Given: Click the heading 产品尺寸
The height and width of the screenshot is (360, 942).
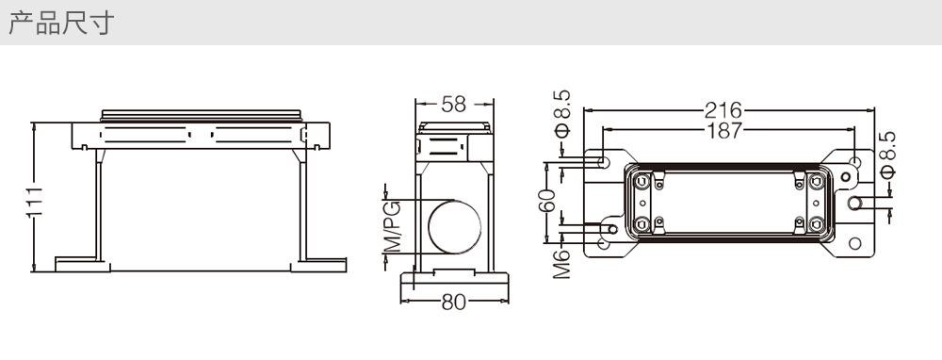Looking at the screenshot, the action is [x=61, y=24].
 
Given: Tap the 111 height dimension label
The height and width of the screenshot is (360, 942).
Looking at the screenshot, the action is [x=35, y=202].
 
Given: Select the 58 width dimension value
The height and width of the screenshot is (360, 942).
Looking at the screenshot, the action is [x=454, y=105].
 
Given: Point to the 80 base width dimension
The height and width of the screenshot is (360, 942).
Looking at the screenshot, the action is [x=454, y=303].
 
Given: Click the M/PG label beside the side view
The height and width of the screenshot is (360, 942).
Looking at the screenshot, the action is [x=392, y=227].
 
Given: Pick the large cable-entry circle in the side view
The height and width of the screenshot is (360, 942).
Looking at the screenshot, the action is [x=454, y=227].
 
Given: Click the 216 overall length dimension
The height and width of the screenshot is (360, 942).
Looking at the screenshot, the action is [x=723, y=110].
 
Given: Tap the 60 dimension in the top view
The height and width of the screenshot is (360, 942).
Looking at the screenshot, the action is [x=547, y=201].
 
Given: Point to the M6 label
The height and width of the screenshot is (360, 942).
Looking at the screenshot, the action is [x=561, y=264].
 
